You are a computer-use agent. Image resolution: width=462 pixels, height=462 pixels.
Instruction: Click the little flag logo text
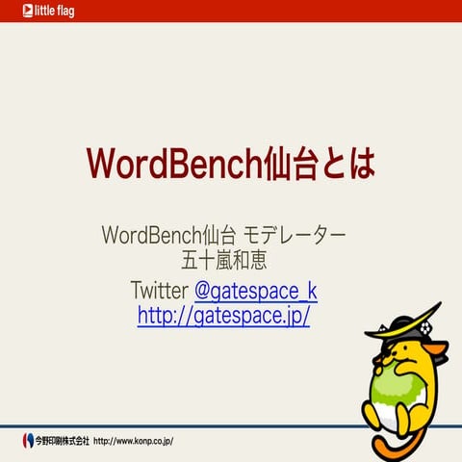pyautogui.click(x=48, y=12)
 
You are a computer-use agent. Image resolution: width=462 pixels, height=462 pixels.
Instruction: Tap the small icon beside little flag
pyautogui.click(x=13, y=12)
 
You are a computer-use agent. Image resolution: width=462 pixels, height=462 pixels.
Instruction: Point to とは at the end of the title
pyautogui.click(x=351, y=164)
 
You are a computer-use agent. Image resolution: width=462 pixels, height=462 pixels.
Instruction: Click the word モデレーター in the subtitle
pyautogui.click(x=296, y=235)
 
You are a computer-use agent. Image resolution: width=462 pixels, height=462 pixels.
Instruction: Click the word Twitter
pyautogui.click(x=160, y=290)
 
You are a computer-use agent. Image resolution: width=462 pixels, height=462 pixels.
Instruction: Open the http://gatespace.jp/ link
pyautogui.click(x=223, y=315)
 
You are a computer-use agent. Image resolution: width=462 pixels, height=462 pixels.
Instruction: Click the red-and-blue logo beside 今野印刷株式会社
pyautogui.click(x=27, y=441)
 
